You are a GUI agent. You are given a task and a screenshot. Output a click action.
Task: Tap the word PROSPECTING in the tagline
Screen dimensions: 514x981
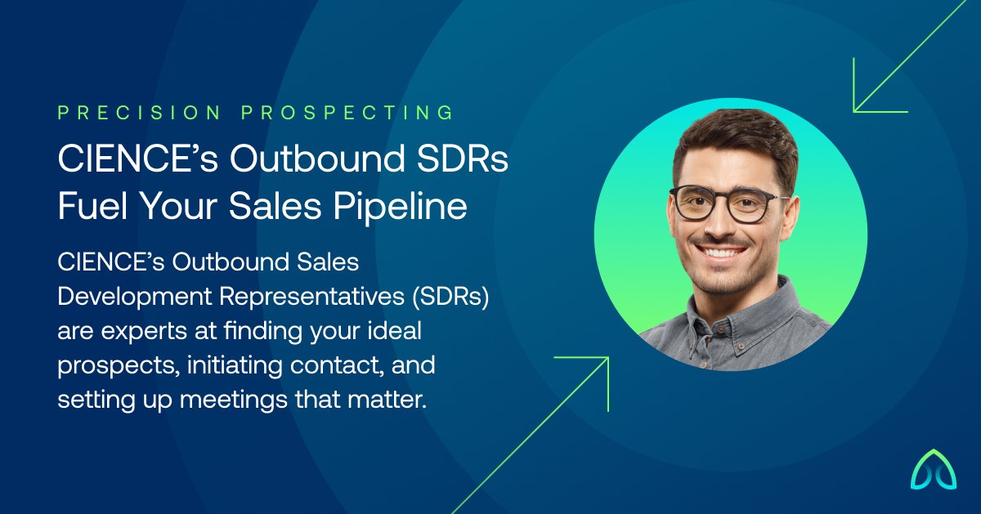347,113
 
